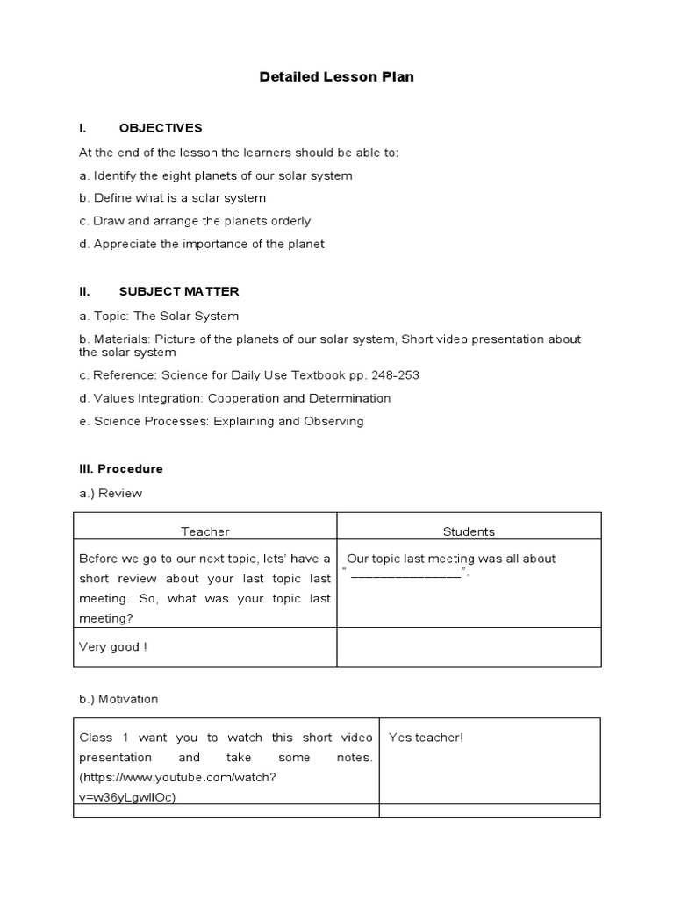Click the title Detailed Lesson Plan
coord(336,77)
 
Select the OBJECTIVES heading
coord(161,128)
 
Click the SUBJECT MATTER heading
coord(179,291)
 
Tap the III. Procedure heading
coord(121,468)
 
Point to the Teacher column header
coord(204,531)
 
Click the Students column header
coord(469,531)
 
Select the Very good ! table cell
coord(113,647)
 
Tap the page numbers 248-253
coord(395,375)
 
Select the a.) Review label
coord(111,493)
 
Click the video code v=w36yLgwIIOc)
coord(132,797)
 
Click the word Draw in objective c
coord(109,221)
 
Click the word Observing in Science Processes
coord(334,421)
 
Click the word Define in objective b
coord(112,198)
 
